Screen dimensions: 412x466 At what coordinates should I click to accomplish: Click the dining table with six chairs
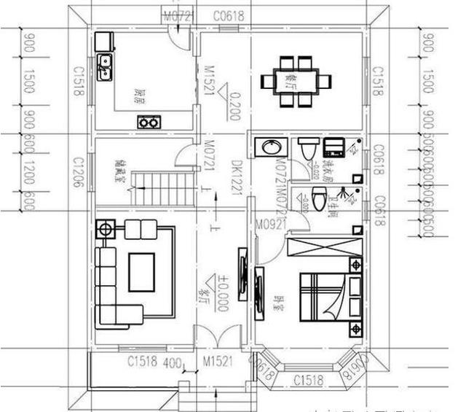pos(296,80)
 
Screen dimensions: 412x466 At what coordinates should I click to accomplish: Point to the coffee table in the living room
pos(141,271)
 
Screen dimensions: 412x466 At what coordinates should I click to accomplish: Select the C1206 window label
pos(76,173)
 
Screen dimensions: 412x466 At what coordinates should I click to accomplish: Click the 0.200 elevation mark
pos(232,106)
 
